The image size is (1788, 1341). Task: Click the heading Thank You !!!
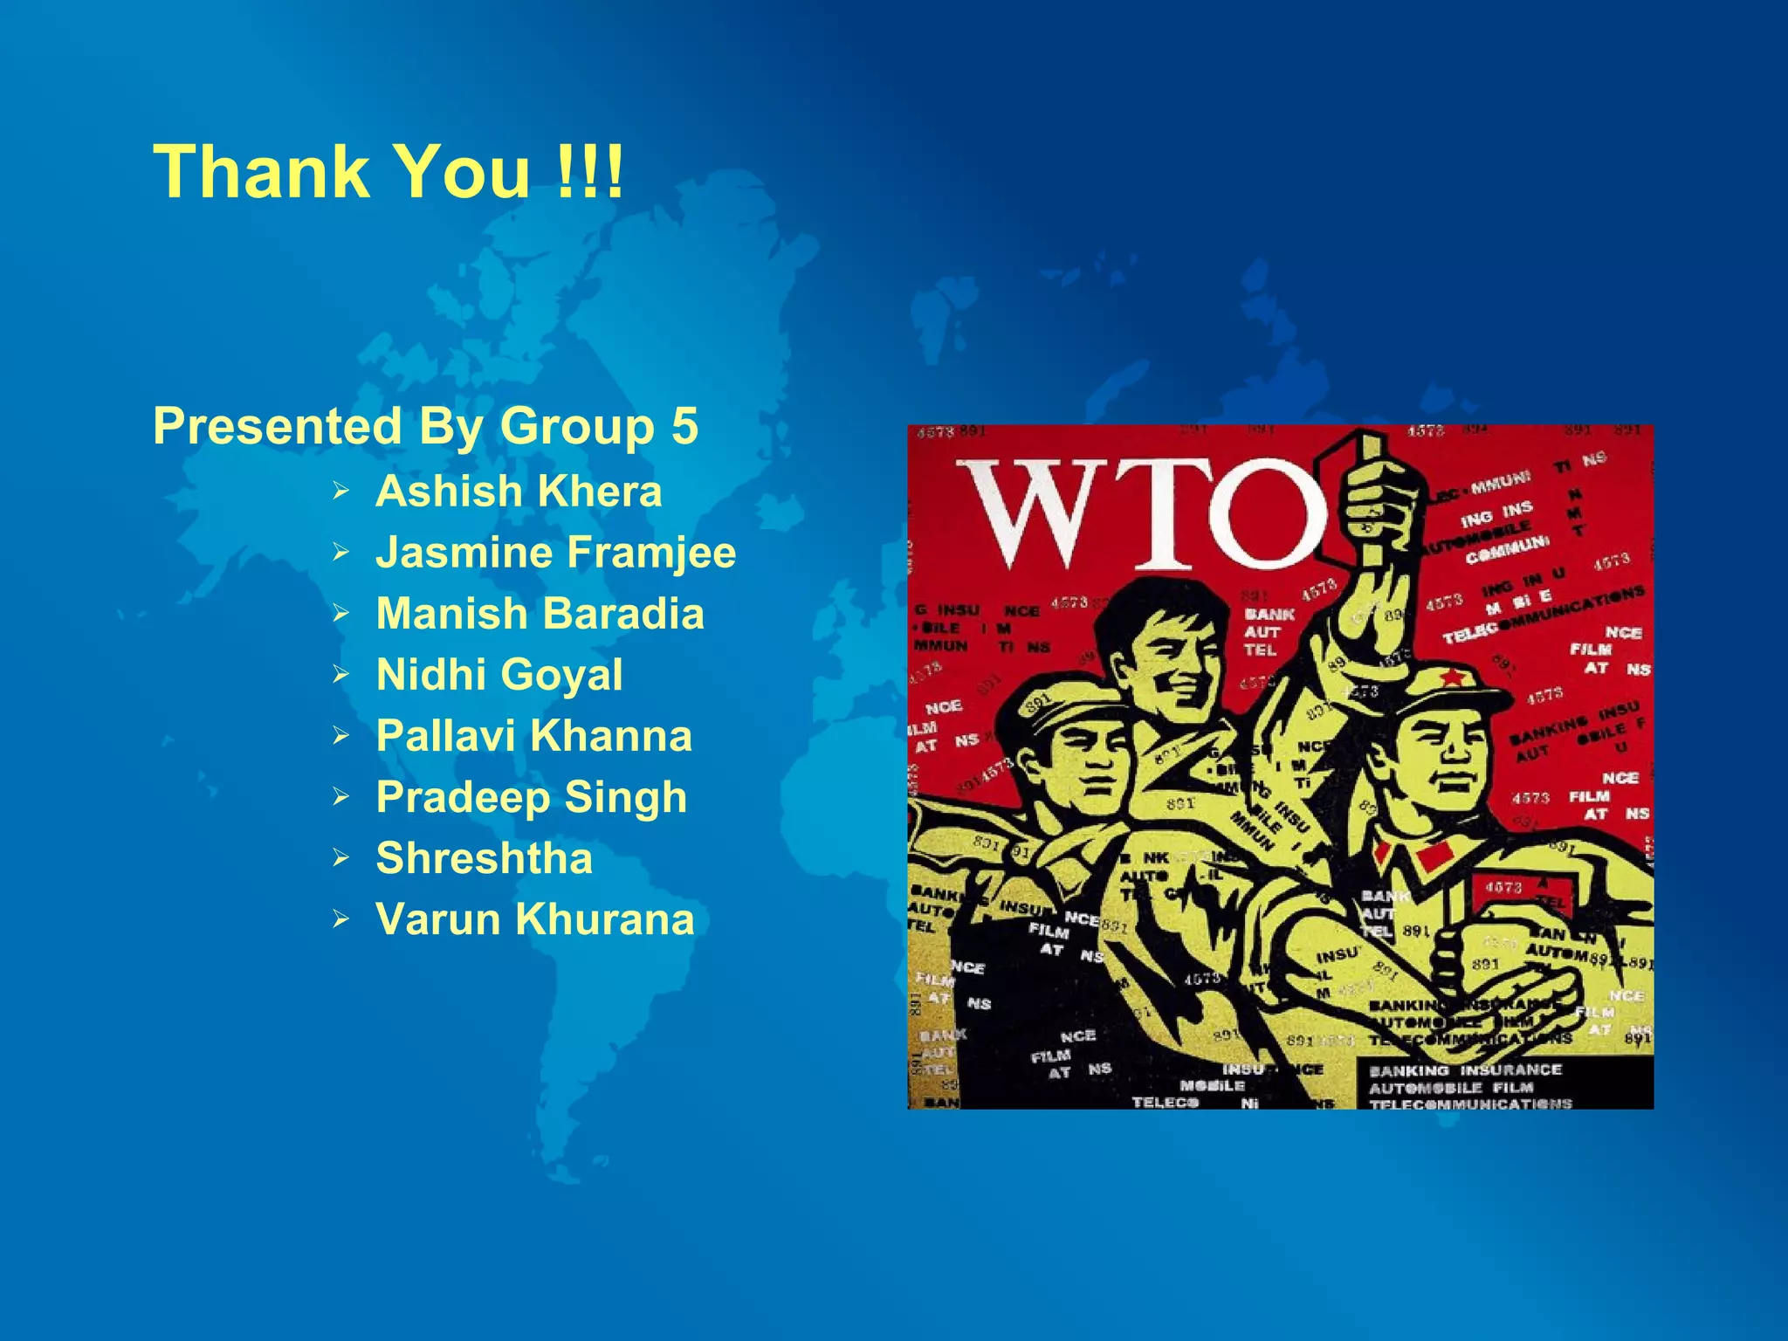pos(389,171)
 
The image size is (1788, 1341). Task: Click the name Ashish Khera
pos(519,492)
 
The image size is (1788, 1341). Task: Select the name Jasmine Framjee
pos(555,553)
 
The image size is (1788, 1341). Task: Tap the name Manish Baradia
pos(540,614)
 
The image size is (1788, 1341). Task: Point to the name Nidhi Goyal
pos(499,675)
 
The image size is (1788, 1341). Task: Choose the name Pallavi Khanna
pos(533,736)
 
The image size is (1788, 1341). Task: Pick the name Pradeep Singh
pos(531,797)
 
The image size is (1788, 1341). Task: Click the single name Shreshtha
pos(484,858)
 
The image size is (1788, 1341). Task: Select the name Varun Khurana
pos(534,919)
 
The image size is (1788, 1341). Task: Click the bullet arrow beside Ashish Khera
pos(340,492)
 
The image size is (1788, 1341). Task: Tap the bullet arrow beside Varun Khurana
pos(340,919)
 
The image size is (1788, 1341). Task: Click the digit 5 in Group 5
pos(684,426)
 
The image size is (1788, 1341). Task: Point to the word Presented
pos(277,426)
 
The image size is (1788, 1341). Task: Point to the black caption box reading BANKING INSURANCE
pos(1503,1085)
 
